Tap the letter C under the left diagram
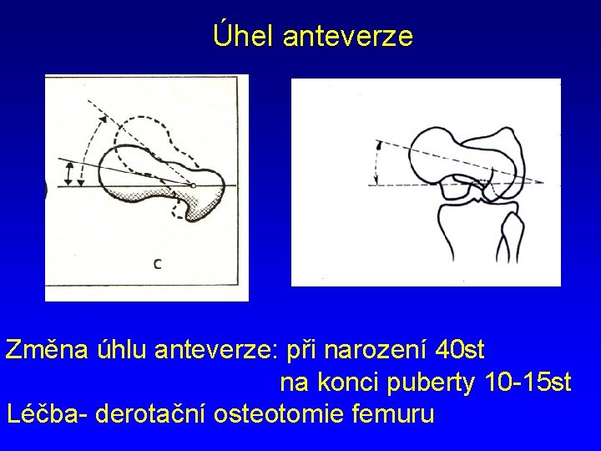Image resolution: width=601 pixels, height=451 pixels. click(158, 265)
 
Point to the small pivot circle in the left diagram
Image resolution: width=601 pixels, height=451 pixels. click(192, 185)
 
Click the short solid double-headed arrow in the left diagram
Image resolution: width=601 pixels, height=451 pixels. click(69, 174)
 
